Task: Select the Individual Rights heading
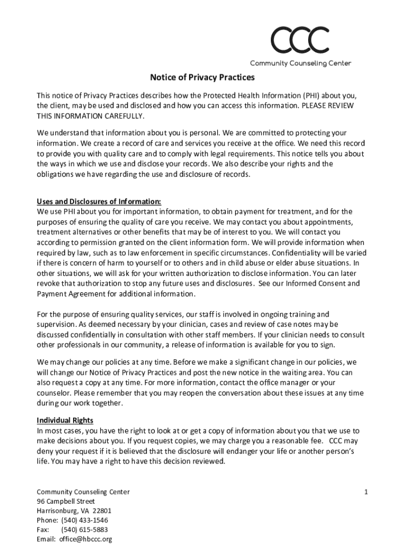click(x=65, y=420)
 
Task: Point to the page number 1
click(x=366, y=492)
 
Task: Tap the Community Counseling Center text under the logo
click(x=300, y=63)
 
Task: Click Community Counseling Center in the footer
click(x=83, y=492)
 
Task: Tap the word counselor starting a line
click(x=53, y=393)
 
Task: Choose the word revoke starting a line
click(x=47, y=283)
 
